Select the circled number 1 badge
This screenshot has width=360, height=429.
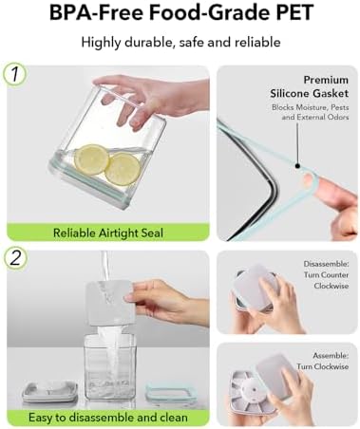point(14,75)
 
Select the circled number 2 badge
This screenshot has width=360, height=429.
point(14,258)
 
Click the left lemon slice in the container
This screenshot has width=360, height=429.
point(92,159)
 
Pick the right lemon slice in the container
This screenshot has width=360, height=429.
point(123,169)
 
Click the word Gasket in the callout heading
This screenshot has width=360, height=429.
point(330,93)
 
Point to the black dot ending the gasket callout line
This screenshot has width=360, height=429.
point(297,165)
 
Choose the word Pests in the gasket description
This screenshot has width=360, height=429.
point(340,107)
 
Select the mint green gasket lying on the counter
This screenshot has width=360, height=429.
point(170,393)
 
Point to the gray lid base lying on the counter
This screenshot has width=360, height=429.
point(50,392)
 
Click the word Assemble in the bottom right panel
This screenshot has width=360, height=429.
point(331,356)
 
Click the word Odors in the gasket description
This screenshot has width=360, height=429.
point(338,117)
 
